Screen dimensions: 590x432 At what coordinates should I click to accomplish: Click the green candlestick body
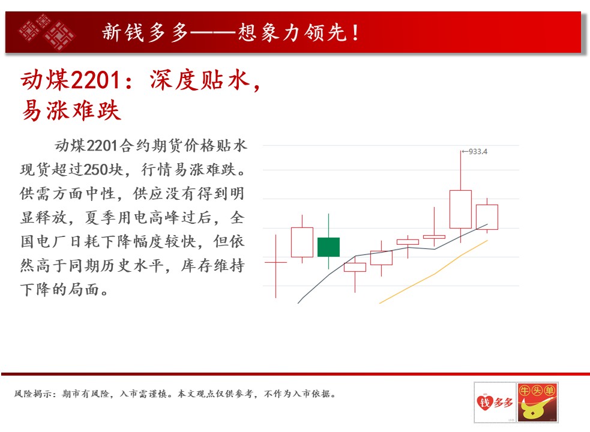[328, 247]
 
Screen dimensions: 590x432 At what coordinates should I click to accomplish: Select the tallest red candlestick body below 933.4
[460, 209]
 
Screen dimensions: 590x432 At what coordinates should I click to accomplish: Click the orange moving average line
[433, 274]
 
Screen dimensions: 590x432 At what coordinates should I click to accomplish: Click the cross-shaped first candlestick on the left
[276, 262]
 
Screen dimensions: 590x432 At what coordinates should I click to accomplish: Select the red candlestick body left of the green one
[302, 242]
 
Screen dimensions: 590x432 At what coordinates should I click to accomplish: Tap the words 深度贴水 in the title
[200, 80]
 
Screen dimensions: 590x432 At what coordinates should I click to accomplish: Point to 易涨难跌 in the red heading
[71, 110]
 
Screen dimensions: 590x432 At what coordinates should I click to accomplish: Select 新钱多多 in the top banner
[145, 32]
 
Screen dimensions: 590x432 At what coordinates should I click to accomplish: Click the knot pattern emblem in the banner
[47, 32]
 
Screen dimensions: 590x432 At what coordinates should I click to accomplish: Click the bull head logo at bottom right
[537, 402]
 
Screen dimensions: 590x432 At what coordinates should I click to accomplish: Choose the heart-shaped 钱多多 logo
[495, 402]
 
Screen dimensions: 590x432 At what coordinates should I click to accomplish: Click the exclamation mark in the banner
[355, 32]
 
